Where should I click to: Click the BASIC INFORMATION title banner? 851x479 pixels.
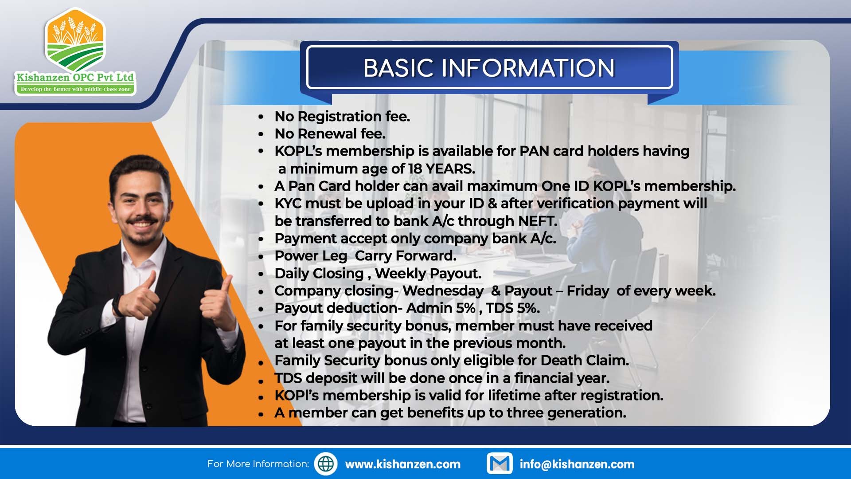point(489,67)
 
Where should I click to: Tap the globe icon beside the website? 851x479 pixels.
point(326,464)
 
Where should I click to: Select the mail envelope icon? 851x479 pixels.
point(500,463)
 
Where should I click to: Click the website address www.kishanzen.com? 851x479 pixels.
point(403,464)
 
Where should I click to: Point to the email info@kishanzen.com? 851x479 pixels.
point(577,464)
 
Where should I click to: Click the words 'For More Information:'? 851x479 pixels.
point(258,464)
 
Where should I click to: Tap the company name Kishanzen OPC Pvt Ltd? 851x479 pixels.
point(75,77)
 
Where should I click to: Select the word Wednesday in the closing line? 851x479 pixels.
point(443,291)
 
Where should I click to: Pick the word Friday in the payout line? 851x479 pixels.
point(588,291)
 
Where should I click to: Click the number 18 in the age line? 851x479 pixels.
point(415,169)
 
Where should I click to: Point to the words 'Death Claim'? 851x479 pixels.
point(585,361)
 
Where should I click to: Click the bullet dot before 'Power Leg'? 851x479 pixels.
point(261,257)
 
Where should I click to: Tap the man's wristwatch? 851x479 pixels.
point(117,306)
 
